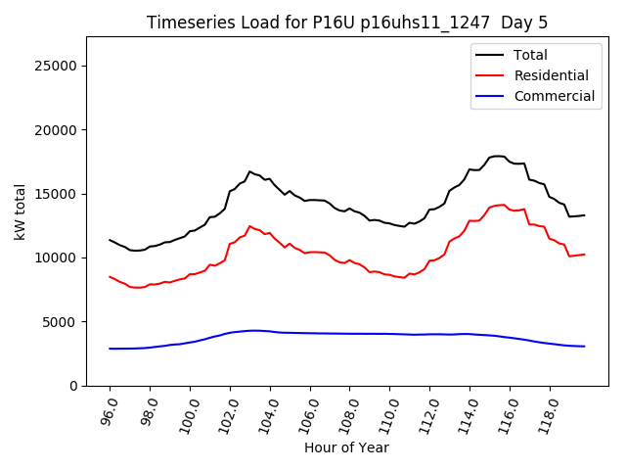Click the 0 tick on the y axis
pyautogui.click(x=73, y=386)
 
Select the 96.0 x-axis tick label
pyautogui.click(x=108, y=410)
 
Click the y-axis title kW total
pyautogui.click(x=20, y=211)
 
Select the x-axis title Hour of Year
pyautogui.click(x=346, y=447)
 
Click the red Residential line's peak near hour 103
pyautogui.click(x=249, y=226)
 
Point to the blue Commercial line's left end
pyautogui.click(x=110, y=349)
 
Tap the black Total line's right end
pyautogui.click(x=585, y=214)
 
